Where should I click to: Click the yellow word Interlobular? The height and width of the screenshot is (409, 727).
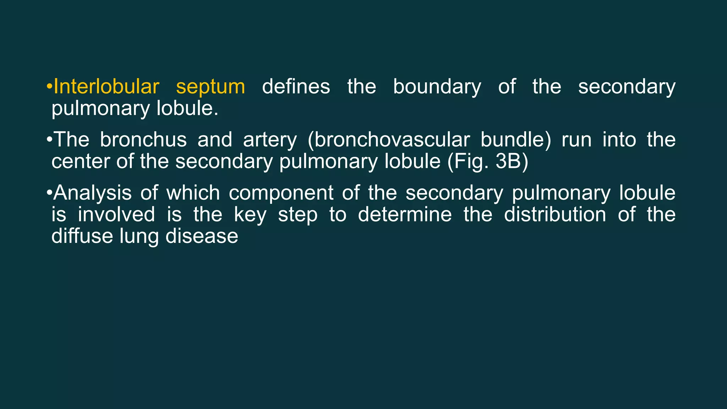106,87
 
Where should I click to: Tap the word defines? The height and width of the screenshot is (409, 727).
296,87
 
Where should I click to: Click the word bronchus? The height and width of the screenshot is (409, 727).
143,140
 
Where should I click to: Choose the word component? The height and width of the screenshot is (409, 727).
281,193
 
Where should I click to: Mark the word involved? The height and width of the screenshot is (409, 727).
116,215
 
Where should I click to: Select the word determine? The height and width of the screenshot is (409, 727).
405,215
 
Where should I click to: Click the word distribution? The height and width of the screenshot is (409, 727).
555,215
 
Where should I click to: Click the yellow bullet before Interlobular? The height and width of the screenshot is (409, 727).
49,87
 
